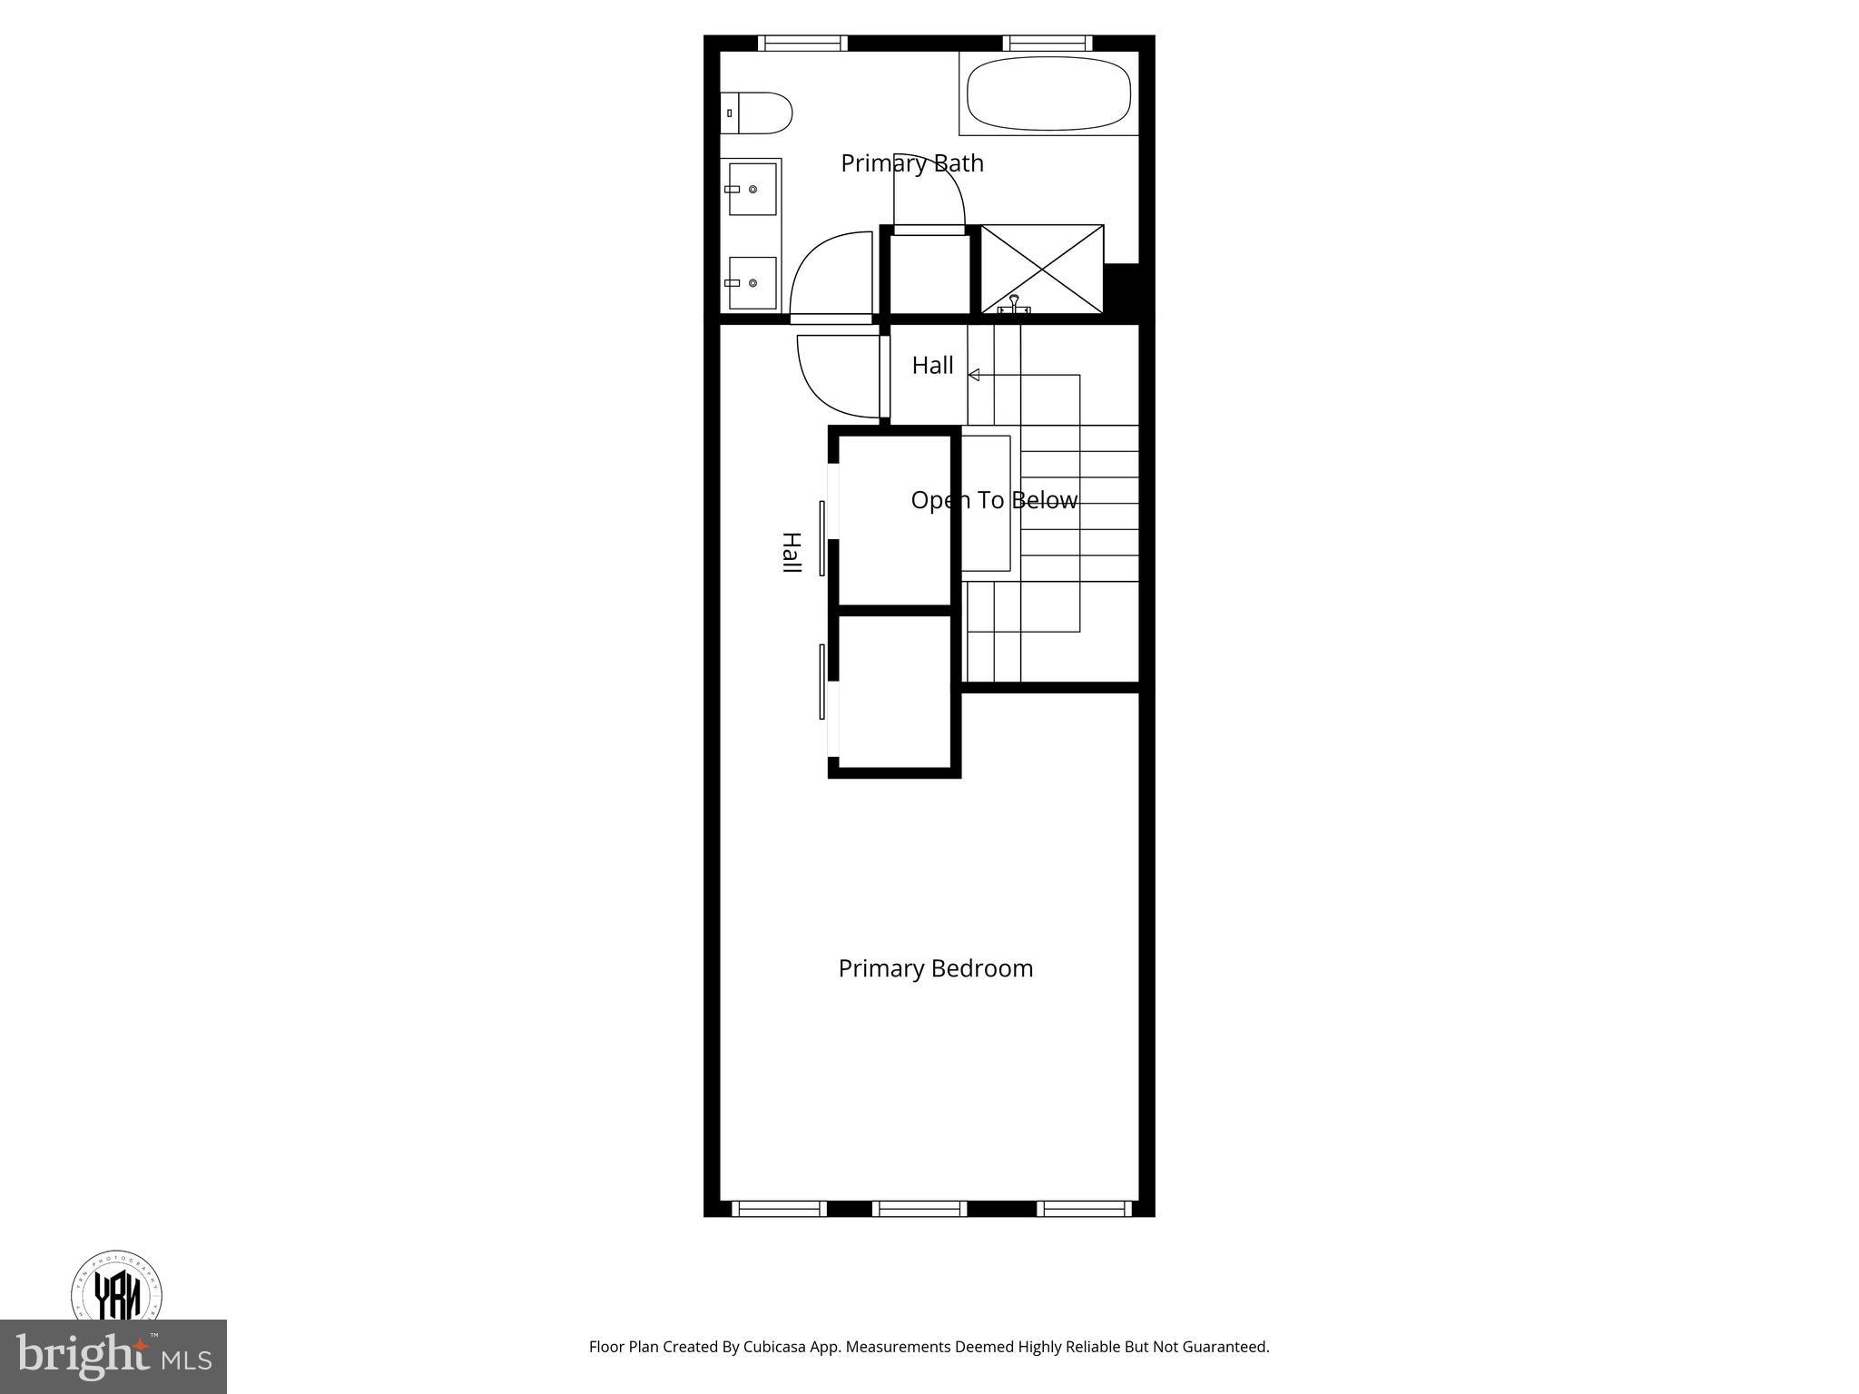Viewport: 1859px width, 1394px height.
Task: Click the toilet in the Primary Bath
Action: coord(757,113)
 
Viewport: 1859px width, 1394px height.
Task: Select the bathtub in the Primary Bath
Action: coord(1048,93)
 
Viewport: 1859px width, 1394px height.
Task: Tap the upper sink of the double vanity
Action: coord(752,189)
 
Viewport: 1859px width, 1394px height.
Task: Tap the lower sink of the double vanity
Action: coord(752,282)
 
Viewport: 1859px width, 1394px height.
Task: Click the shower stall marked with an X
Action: coord(1042,269)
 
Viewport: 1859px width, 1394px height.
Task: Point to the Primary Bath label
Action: coord(911,163)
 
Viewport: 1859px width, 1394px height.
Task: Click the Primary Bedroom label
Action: coord(935,968)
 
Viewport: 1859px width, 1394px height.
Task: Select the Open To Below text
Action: coord(994,500)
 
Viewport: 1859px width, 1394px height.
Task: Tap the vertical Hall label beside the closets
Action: coord(792,552)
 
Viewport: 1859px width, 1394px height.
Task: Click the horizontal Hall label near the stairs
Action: coord(932,365)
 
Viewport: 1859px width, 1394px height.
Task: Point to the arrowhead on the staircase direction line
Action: coord(973,375)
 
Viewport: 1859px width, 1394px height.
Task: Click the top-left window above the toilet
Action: coord(802,43)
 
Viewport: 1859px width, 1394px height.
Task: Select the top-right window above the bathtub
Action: coord(1047,43)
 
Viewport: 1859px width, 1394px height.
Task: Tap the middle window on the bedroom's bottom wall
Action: coord(920,1208)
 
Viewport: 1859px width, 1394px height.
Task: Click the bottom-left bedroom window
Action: coord(779,1208)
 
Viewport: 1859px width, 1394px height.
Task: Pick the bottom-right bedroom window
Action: coord(1084,1208)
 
